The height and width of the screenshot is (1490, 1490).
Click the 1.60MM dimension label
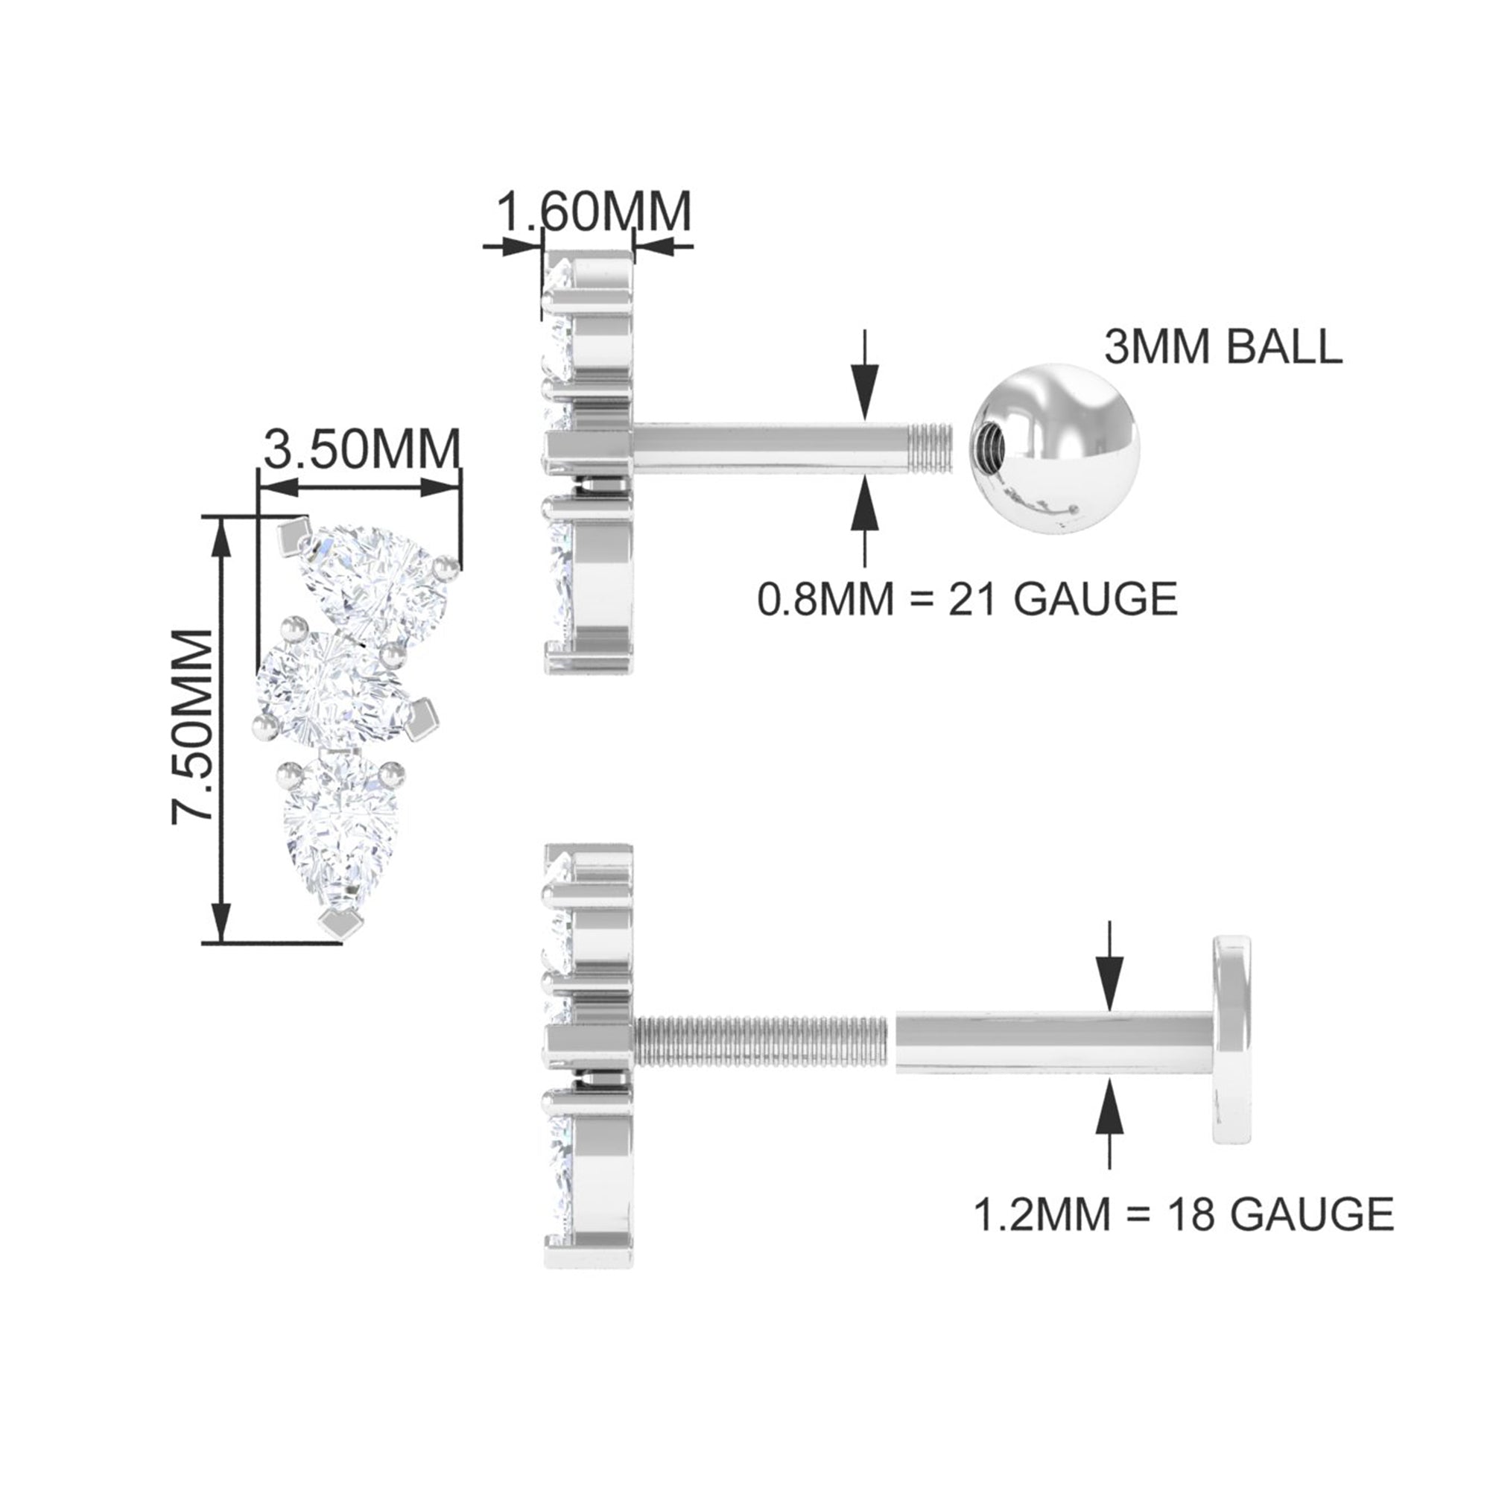coord(592,212)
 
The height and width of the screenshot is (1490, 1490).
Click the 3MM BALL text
coord(1223,348)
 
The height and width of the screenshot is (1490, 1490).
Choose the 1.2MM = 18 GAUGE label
coord(1185,1212)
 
